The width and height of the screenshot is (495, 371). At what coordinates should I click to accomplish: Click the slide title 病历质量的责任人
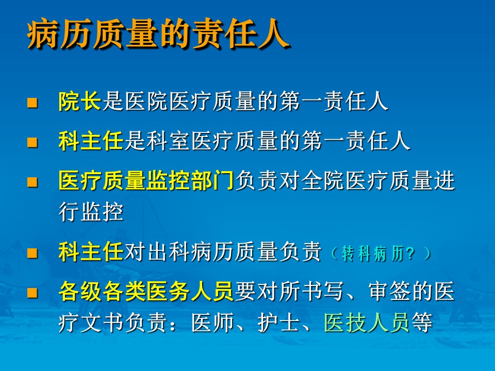tap(158, 34)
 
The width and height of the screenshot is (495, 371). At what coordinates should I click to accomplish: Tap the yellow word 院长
tap(80, 102)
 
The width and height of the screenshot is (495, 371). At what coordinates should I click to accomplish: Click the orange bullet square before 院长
tap(32, 103)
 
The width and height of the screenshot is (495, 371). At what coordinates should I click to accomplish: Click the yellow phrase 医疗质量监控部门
tap(146, 180)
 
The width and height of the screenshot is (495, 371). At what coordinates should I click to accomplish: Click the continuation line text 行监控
tap(91, 211)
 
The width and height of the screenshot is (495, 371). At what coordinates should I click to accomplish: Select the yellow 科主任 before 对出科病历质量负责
tap(91, 252)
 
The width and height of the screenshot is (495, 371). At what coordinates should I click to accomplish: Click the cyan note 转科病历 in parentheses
tap(372, 254)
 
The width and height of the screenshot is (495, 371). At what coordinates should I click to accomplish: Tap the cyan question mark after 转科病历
tap(410, 254)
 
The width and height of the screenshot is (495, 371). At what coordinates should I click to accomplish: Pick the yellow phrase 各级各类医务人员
tap(146, 291)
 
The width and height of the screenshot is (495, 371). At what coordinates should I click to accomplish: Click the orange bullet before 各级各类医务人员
tap(32, 293)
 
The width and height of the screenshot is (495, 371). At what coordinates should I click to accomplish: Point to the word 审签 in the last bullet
tap(389, 291)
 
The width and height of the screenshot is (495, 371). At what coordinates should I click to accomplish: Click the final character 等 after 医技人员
tap(422, 323)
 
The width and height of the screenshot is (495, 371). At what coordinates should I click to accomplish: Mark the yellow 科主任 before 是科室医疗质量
tap(91, 141)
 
